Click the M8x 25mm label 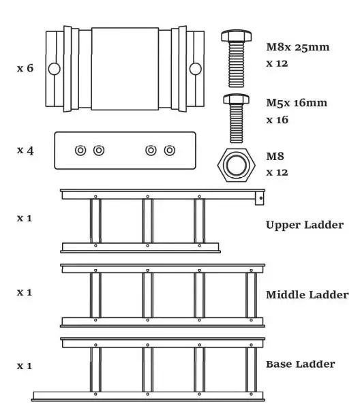pos(297,48)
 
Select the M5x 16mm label pos(297,104)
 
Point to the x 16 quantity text pos(277,120)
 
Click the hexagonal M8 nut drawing pos(236,164)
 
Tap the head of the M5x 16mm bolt pos(236,99)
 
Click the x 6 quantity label pos(25,69)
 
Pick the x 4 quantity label pos(25,150)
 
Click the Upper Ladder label pos(304,225)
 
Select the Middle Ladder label pos(307,295)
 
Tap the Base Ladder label pos(300,364)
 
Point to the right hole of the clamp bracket pos(196,68)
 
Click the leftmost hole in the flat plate pos(80,151)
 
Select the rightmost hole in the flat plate pos(170,151)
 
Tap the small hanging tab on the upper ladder pos(260,198)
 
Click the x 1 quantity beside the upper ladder pos(25,219)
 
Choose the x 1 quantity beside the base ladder pos(25,366)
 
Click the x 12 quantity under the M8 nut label pos(277,172)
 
